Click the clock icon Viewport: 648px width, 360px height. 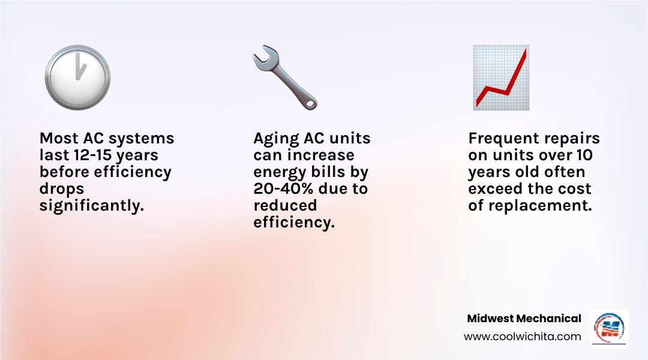pos(77,77)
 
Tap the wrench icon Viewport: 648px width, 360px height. pos(284,78)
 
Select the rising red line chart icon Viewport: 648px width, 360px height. pos(500,77)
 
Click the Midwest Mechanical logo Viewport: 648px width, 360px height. pos(609,328)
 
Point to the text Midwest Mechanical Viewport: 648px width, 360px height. pos(524,319)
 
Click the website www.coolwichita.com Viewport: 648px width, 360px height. pos(522,337)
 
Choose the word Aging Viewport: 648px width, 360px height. pos(276,139)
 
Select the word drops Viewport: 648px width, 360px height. pos(62,189)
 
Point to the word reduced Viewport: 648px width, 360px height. pos(285,206)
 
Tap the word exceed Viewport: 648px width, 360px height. pos(496,189)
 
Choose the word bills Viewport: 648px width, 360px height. pos(329,172)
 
